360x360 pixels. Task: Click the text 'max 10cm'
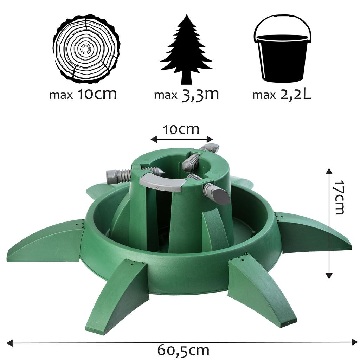pos(83,95)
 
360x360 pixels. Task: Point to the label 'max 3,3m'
pos(186,95)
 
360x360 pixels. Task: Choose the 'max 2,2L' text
pos(282,95)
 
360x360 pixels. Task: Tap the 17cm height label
pos(339,198)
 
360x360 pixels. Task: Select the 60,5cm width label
pos(183,350)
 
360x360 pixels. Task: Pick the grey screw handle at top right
pos(210,148)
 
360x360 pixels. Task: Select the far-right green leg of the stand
pos(313,232)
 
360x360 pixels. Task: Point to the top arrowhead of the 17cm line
pos(329,171)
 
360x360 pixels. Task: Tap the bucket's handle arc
pos(283,21)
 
